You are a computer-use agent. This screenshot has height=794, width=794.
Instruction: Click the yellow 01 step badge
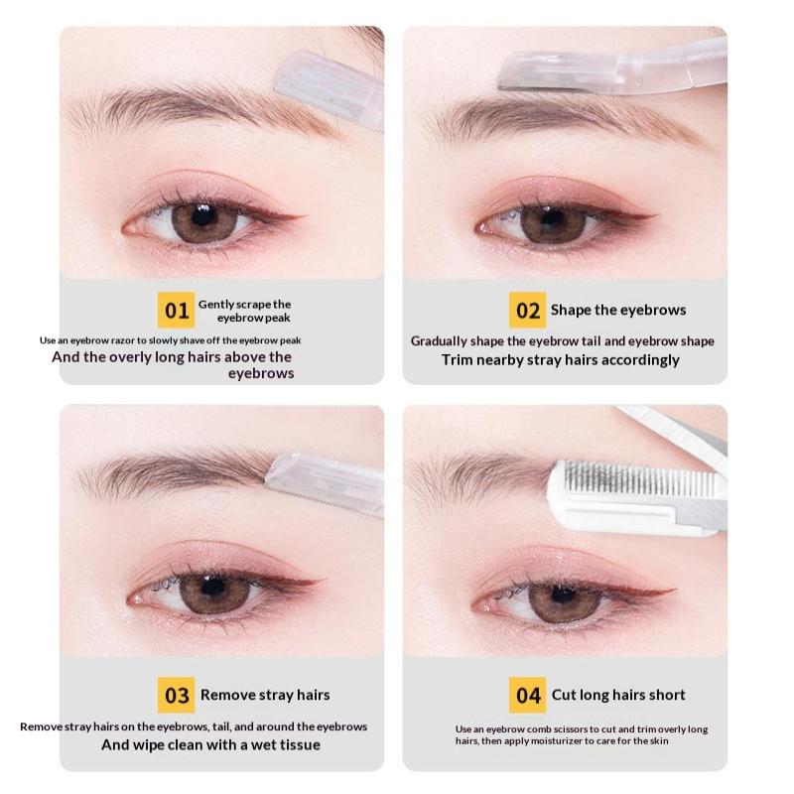(x=176, y=310)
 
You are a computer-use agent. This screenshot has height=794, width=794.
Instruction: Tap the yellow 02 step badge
(x=528, y=310)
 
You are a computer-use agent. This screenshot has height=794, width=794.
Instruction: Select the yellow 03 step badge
(x=176, y=695)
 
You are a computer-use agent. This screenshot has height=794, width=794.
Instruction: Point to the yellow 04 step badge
(x=528, y=695)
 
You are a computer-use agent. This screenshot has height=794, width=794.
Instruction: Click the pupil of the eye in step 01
(x=202, y=216)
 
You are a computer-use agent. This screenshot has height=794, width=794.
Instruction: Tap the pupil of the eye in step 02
(x=552, y=218)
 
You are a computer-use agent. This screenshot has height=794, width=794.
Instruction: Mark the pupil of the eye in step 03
(x=212, y=588)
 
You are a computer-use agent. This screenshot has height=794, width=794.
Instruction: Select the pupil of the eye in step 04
(x=562, y=595)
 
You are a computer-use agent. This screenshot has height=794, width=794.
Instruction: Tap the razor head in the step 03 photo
(x=325, y=484)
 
